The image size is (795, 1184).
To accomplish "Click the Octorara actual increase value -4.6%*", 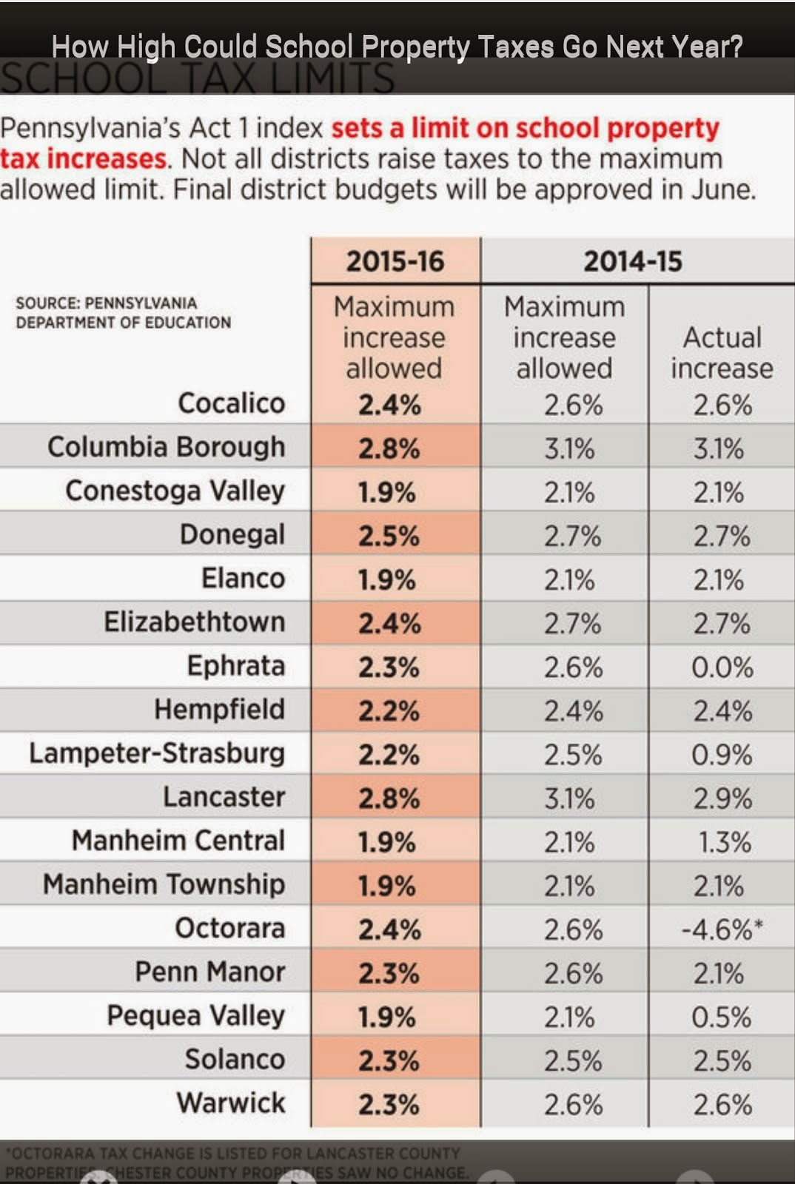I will coord(722,929).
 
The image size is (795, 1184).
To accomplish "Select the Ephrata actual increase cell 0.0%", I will coord(722,667).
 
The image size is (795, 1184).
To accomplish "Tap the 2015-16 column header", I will coord(395,261).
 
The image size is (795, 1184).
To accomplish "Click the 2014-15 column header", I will coord(633,261).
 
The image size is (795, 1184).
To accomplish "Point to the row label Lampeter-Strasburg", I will coord(157,753).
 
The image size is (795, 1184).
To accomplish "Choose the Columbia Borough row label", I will coord(167,447).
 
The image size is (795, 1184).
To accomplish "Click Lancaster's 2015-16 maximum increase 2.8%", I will coord(389,798).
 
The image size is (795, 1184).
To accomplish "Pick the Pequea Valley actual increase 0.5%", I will coord(722,1017).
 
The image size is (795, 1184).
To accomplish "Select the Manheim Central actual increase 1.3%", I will coord(725,842).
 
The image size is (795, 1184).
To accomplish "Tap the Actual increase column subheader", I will coord(722,353).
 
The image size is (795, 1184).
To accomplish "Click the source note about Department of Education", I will coord(124,313).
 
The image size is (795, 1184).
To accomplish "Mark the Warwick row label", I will coord(231,1103).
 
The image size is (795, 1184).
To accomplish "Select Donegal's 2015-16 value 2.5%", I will coord(389,536).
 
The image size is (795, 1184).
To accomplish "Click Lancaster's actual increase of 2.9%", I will coord(722,798).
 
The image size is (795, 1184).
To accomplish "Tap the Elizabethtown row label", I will coord(195,622).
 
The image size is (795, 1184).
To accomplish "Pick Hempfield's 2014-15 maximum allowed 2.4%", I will coord(574,711).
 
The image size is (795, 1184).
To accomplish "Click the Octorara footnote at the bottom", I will coord(237,1163).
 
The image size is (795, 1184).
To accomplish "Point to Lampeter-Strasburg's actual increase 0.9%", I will coord(722,755).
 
